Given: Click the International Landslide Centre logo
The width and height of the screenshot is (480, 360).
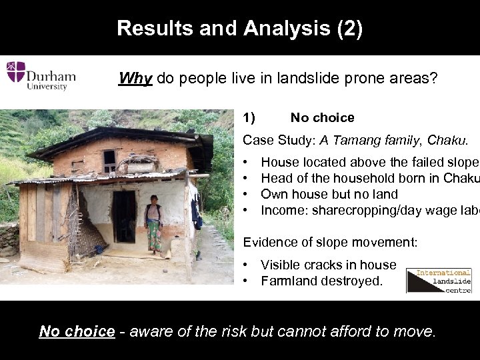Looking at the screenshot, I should pos(439,281).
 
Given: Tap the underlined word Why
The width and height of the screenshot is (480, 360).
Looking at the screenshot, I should pos(135,79).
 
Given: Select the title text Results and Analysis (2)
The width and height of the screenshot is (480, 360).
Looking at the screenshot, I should pos(240,29).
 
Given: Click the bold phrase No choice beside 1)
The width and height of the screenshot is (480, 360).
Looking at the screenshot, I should pos(322,118).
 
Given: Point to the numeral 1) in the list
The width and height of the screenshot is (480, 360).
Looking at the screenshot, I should pos(249,118).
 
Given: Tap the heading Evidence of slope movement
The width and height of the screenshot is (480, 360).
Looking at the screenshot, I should pos(331,241).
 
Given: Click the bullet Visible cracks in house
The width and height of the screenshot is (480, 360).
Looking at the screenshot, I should pos(328,265).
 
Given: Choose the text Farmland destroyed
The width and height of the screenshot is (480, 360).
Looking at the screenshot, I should pos(321,281).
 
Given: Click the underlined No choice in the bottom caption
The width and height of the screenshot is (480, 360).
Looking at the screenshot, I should pos(77,331).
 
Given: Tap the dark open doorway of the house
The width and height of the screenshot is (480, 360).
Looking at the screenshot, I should pos(124,217).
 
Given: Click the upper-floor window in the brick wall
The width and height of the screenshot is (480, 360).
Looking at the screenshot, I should pos(109,160).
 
